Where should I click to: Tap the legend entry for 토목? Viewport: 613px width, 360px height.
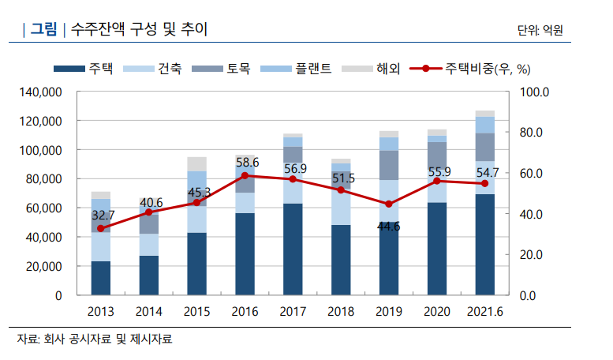point(222,69)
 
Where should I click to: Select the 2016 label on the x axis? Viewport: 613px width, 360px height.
point(245,312)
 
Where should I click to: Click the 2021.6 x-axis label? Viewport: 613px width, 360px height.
point(484,312)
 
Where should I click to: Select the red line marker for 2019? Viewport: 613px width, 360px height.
point(387,204)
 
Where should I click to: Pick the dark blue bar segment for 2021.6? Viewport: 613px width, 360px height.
point(484,244)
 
